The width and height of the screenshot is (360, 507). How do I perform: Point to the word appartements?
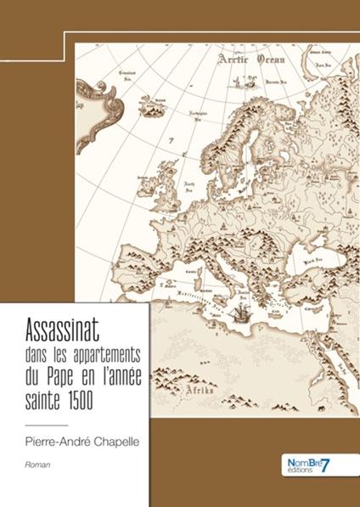click(103, 351)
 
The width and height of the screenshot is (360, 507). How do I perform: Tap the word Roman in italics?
click(34, 465)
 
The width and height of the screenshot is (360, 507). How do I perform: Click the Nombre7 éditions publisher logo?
click(305, 464)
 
